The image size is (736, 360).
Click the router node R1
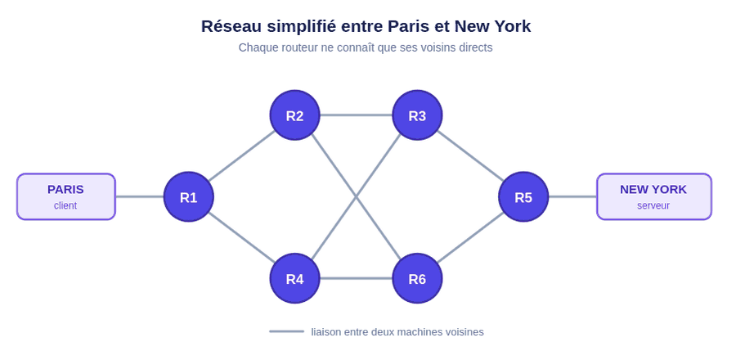[x=189, y=196]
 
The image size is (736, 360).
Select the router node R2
[x=294, y=115]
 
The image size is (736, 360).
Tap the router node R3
[x=417, y=115]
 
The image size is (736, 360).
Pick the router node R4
[x=294, y=278]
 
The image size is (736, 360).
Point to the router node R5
[x=523, y=196]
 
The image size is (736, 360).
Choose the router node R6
[x=417, y=278]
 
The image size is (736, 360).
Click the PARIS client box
[x=66, y=196]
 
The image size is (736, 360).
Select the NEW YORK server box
[x=654, y=196]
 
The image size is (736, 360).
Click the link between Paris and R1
[x=139, y=196]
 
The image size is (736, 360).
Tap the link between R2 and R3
[x=356, y=115]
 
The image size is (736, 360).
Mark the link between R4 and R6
[x=356, y=278]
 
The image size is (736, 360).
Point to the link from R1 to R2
[x=242, y=155]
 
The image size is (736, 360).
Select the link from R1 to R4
[x=242, y=237]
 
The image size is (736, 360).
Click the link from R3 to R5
[x=470, y=155]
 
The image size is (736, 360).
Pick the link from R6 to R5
[x=470, y=237]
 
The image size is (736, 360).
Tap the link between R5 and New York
[x=572, y=196]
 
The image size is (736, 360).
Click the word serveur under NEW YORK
[x=653, y=205]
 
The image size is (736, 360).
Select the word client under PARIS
[x=65, y=205]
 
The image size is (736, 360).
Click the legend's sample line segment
[x=286, y=331]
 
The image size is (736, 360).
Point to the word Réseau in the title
[x=231, y=26]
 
